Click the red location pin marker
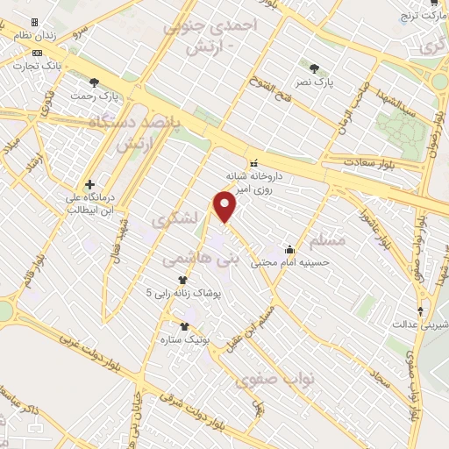coord(225,206)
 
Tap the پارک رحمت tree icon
coord(94,82)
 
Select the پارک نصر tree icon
coord(315,67)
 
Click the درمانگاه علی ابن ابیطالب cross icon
coord(89,184)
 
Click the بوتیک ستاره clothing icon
coord(184,326)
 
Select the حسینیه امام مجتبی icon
coord(289,250)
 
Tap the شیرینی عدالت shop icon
coord(422,311)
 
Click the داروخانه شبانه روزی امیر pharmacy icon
coord(254,162)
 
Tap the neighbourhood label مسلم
coord(328,239)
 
